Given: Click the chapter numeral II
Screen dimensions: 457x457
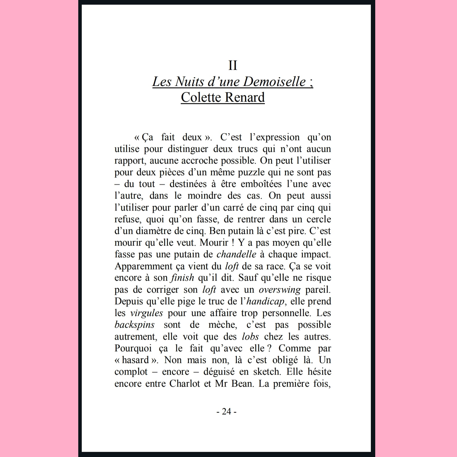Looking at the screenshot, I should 232,65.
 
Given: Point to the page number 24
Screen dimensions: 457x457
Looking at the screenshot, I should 227,411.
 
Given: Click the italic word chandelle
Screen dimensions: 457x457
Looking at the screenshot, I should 236,254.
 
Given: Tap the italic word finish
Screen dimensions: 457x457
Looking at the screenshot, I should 182,278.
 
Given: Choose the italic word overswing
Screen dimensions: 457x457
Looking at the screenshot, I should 279,290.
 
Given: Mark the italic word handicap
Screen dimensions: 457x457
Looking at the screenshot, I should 265,301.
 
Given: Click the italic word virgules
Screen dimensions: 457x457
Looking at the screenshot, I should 146,313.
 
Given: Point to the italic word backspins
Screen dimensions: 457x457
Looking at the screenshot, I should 134,325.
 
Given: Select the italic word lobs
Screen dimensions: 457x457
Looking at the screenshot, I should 250,337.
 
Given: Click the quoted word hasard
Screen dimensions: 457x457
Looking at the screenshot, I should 135,360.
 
